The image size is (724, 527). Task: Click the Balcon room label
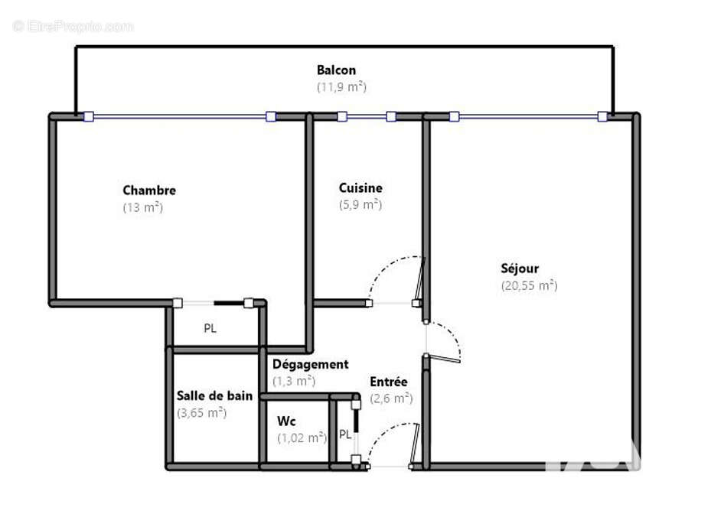[x=336, y=70]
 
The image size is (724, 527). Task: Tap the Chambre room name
[x=149, y=190]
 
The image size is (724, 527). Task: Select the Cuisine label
[x=360, y=188]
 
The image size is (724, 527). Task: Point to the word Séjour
[x=520, y=268]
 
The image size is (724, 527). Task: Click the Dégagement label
[x=310, y=364]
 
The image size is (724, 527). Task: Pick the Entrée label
[x=389, y=382]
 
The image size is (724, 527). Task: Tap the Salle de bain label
[x=215, y=395]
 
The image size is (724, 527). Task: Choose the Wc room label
[x=286, y=421]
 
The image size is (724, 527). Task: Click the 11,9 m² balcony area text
[x=341, y=86]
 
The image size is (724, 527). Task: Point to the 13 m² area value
[x=142, y=207]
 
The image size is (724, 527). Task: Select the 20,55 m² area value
[x=529, y=285]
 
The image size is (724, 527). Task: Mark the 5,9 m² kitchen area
[x=360, y=204]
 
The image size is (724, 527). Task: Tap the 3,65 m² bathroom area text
[x=202, y=412]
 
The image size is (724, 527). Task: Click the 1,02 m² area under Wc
[x=302, y=438]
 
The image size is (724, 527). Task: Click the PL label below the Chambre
[x=210, y=329]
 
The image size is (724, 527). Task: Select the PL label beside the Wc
[x=345, y=434]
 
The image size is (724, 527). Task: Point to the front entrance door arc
[x=386, y=433]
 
